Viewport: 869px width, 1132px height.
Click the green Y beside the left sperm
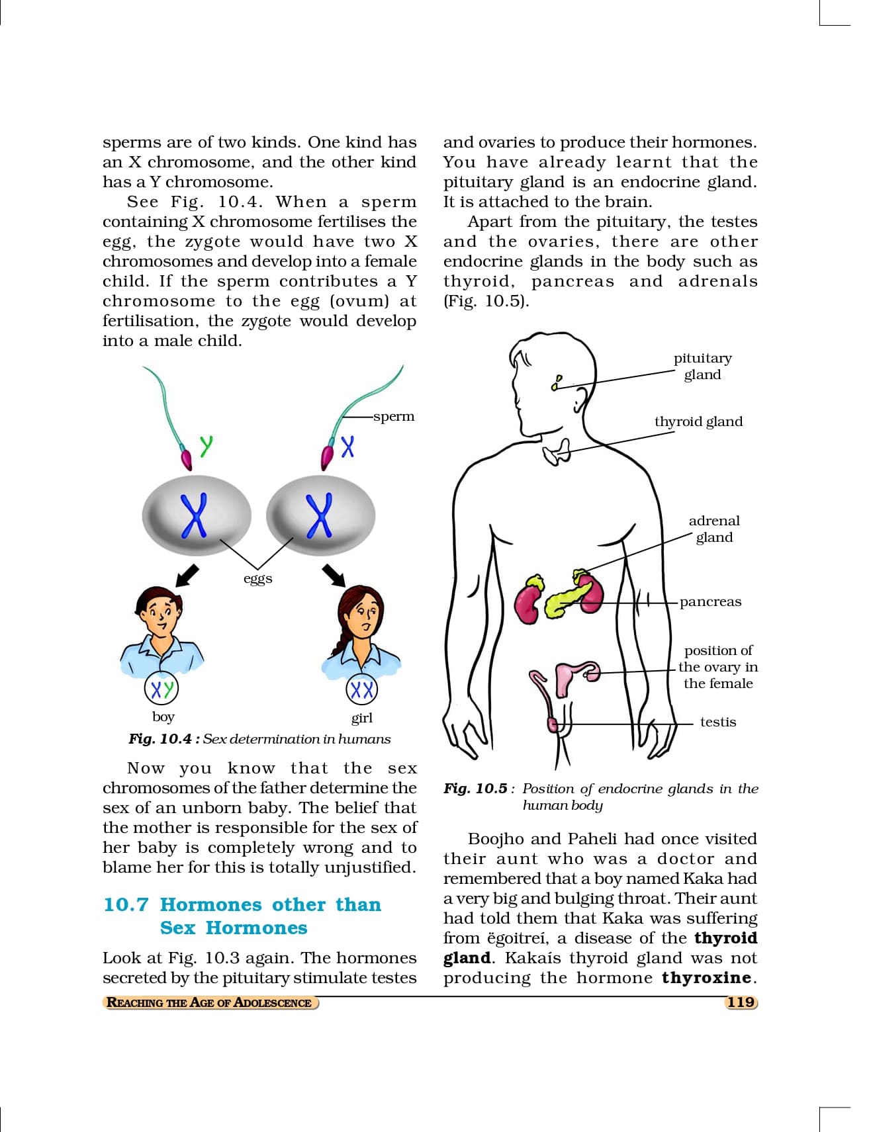click(x=206, y=445)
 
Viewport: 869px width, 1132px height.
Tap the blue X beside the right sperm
click(x=347, y=447)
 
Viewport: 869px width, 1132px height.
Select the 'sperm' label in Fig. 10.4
click(x=394, y=416)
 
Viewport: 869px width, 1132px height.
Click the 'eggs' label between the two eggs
click(x=257, y=578)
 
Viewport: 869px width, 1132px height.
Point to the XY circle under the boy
click(x=161, y=689)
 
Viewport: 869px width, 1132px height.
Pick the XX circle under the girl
click(x=362, y=690)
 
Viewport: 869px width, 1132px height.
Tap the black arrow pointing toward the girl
click(x=334, y=575)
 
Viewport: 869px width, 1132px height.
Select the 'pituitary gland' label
click(x=703, y=366)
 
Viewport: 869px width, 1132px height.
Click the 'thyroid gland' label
click(x=698, y=421)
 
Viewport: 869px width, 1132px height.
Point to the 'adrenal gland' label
click(x=714, y=529)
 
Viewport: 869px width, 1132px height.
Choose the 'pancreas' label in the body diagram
click(x=710, y=601)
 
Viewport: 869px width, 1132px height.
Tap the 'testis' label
click(x=718, y=722)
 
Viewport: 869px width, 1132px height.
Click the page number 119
click(x=741, y=1002)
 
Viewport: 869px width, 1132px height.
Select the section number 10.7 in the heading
click(x=126, y=904)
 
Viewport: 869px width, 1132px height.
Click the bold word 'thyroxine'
click(x=706, y=978)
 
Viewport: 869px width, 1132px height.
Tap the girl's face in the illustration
click(x=363, y=615)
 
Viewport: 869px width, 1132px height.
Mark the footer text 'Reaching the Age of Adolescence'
click(x=209, y=1002)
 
